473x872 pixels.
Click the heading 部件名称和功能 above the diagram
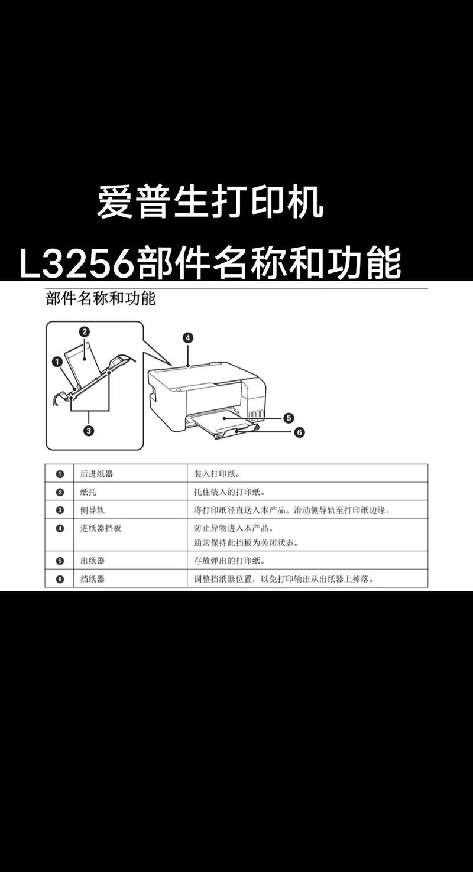pyautogui.click(x=101, y=299)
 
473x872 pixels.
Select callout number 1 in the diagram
pyautogui.click(x=57, y=361)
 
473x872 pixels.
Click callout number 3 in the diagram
pyautogui.click(x=88, y=431)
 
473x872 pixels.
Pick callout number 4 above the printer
pyautogui.click(x=187, y=338)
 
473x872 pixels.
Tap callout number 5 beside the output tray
pyautogui.click(x=289, y=418)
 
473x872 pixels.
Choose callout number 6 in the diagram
pyautogui.click(x=299, y=432)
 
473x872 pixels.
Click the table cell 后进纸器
pyautogui.click(x=96, y=474)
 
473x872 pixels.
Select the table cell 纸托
pyautogui.click(x=88, y=492)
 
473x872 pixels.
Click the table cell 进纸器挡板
pyautogui.click(x=101, y=528)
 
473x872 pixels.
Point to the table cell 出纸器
pyautogui.click(x=92, y=561)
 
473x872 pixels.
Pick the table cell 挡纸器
pyautogui.click(x=92, y=579)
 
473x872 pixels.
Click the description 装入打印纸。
pyautogui.click(x=216, y=474)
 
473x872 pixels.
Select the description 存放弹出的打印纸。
pyautogui.click(x=229, y=561)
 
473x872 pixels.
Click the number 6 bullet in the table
pyautogui.click(x=60, y=579)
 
